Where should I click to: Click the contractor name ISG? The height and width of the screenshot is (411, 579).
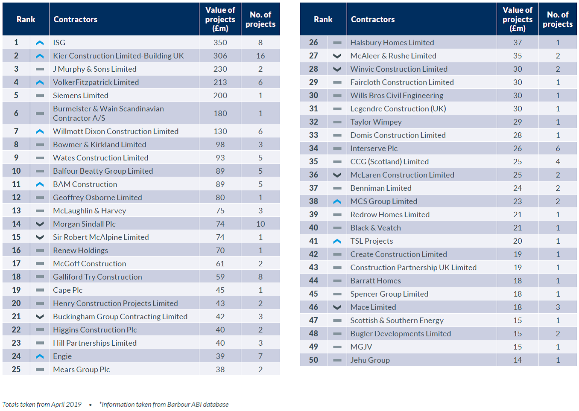pyautogui.click(x=59, y=43)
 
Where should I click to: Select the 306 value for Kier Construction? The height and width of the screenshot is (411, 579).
pyautogui.click(x=220, y=56)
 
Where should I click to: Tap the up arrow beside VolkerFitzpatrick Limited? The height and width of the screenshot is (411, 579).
pyautogui.click(x=40, y=82)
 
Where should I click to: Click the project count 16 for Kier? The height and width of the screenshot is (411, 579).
pyautogui.click(x=260, y=56)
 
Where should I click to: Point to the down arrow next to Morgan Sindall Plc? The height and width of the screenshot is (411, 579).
pyautogui.click(x=40, y=224)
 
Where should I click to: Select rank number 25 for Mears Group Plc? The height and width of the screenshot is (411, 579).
pyautogui.click(x=16, y=370)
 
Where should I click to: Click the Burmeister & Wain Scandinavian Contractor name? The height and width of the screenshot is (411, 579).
pyautogui.click(x=108, y=114)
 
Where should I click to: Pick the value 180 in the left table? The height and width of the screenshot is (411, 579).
pyautogui.click(x=220, y=114)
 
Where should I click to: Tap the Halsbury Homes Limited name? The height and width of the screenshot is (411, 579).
pyautogui.click(x=392, y=43)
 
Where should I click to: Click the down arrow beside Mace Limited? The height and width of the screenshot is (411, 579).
pyautogui.click(x=337, y=307)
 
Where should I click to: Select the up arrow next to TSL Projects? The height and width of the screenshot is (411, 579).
pyautogui.click(x=337, y=241)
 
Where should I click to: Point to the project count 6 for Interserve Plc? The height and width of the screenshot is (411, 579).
pyautogui.click(x=558, y=149)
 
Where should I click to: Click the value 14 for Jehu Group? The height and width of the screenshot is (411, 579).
pyautogui.click(x=518, y=360)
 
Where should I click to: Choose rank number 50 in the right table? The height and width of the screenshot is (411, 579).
pyautogui.click(x=313, y=360)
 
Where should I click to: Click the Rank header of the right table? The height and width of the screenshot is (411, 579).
pyautogui.click(x=323, y=20)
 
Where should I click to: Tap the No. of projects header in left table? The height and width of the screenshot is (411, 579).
pyautogui.click(x=260, y=20)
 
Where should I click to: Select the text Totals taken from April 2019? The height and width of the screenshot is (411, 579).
pyautogui.click(x=42, y=405)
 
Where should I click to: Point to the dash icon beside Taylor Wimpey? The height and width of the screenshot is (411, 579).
pyautogui.click(x=337, y=122)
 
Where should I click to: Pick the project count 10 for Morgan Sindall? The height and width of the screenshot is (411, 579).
pyautogui.click(x=260, y=224)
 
